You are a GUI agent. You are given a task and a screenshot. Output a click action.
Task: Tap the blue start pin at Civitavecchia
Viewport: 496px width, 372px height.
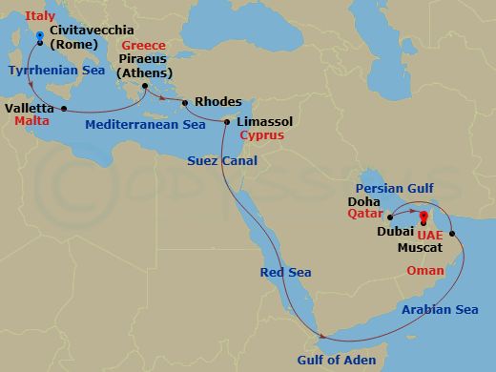click(39, 38)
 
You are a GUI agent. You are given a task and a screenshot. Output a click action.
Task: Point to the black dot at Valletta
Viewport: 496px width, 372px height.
click(63, 109)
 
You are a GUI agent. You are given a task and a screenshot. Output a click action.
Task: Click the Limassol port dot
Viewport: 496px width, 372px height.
click(226, 122)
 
